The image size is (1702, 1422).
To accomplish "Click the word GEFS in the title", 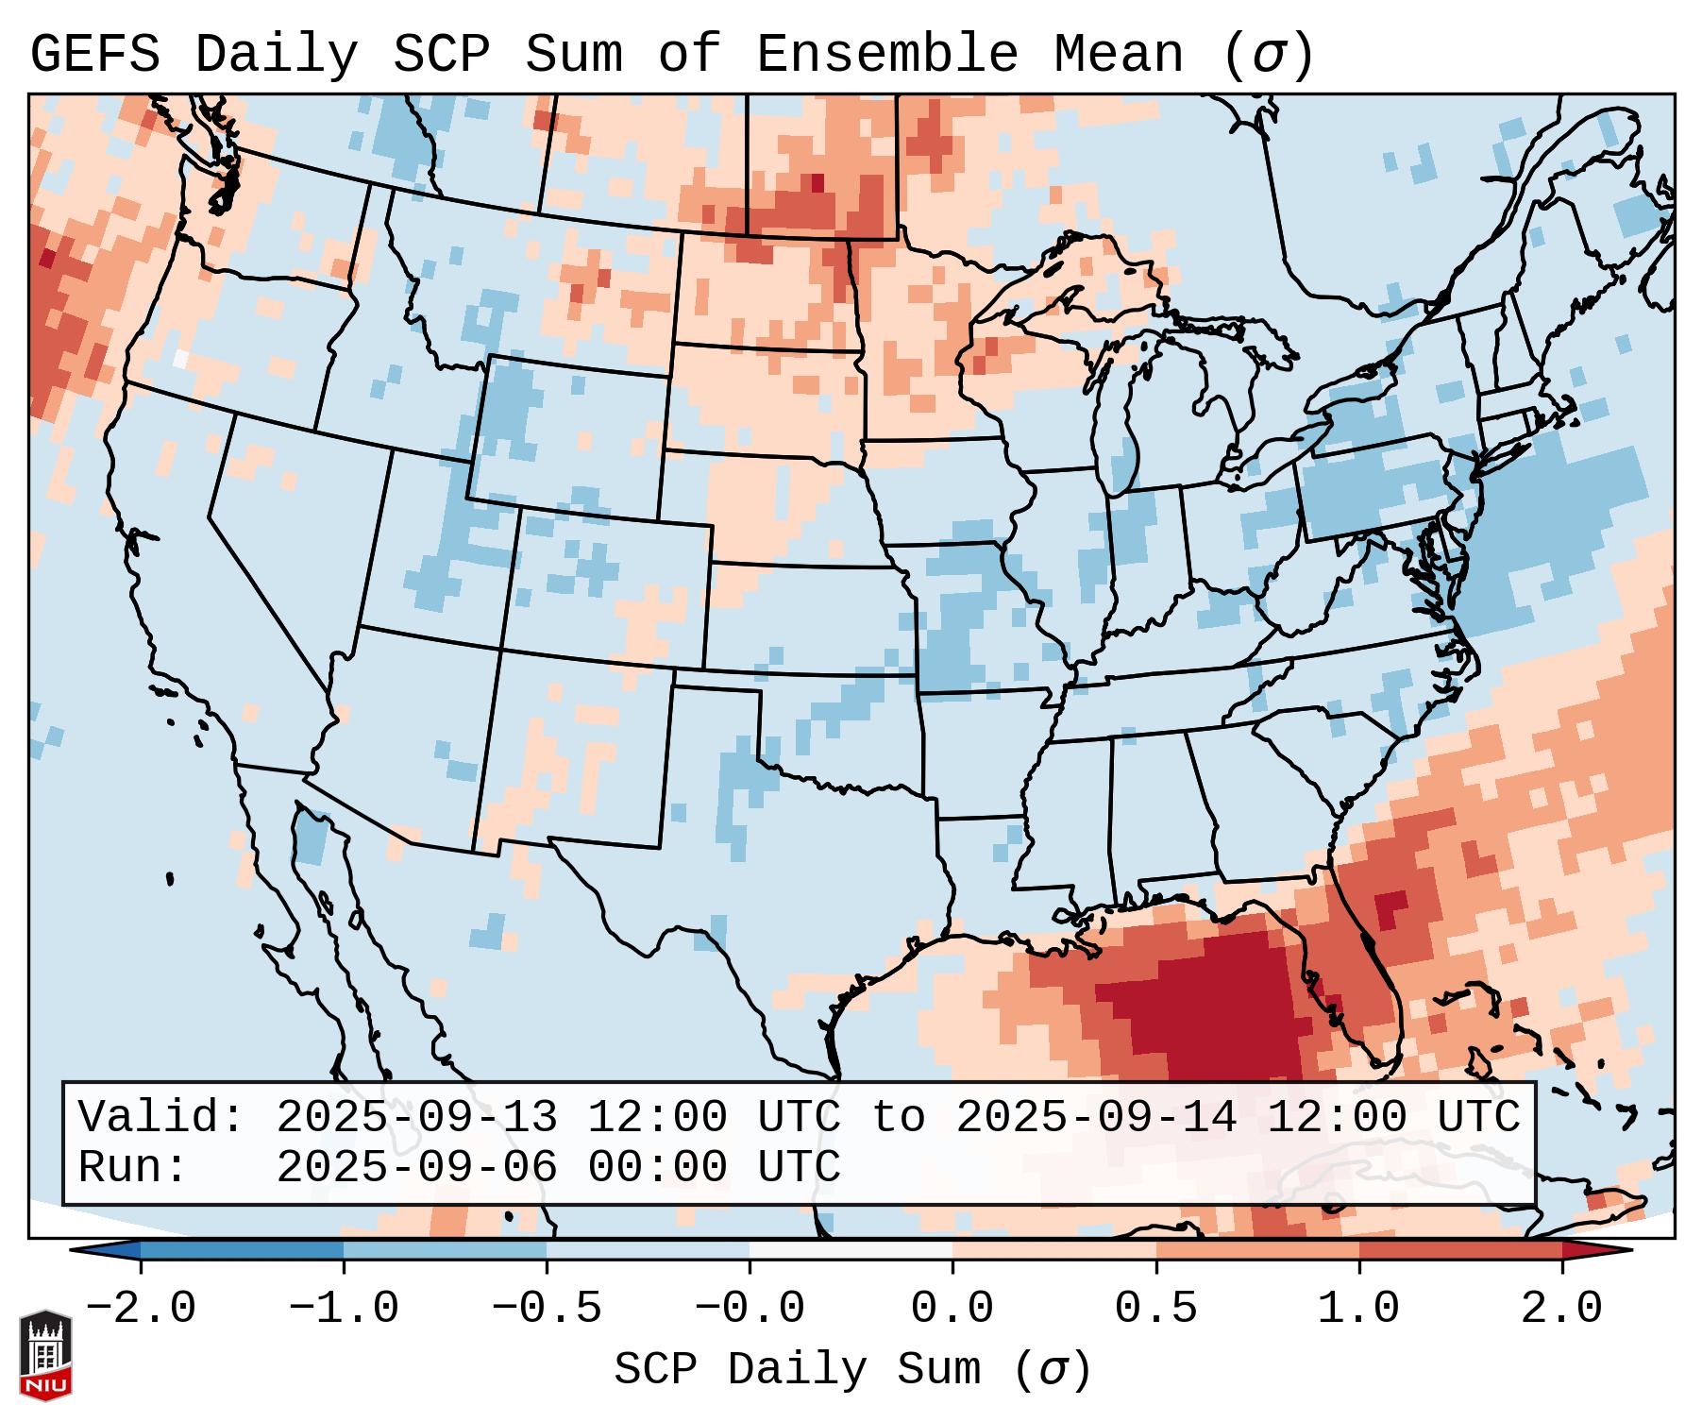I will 94,55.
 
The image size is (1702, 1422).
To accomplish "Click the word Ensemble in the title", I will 887,55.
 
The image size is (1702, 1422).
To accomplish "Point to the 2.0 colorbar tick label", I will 1561,1309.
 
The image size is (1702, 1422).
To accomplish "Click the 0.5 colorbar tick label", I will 1155,1309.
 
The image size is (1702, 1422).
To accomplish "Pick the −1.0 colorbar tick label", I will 343,1309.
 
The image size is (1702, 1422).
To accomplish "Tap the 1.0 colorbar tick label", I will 1358,1309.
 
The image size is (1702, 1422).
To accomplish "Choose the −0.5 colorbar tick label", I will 547,1309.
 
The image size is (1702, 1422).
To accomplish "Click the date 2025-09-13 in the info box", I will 416,1117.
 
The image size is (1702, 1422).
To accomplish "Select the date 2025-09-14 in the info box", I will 1096,1117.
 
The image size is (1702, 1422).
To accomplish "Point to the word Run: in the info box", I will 133,1167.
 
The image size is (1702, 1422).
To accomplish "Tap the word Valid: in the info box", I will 161,1117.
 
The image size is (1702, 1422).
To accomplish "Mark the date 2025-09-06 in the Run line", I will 416,1167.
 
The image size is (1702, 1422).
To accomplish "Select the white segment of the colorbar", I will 851,1249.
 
